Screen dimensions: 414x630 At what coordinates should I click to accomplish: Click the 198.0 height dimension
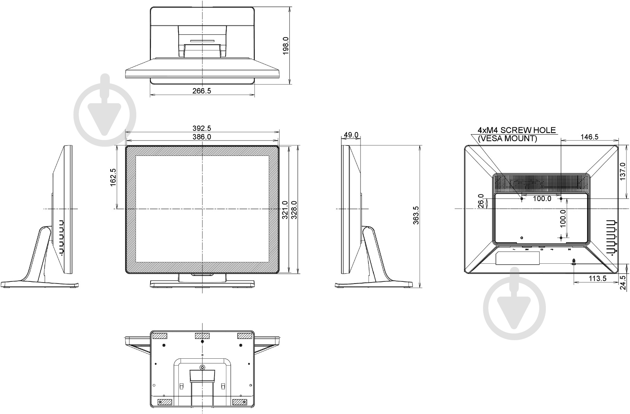pos(286,46)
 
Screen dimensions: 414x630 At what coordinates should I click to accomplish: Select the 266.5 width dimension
pos(202,91)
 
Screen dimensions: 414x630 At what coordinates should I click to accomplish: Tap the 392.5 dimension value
pos(202,129)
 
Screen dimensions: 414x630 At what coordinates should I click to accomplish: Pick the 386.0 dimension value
pos(202,137)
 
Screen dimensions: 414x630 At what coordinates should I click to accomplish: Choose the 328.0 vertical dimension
pos(294,210)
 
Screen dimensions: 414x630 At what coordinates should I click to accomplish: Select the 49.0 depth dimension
pos(351,135)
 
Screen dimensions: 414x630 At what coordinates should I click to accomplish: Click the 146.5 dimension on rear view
pos(589,137)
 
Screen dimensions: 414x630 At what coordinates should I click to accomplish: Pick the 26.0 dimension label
pos(481,201)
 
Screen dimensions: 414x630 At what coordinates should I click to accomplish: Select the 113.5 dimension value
pos(597,278)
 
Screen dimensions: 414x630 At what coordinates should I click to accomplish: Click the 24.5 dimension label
pos(623,282)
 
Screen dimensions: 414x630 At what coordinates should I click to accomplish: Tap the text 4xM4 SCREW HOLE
pos(517,130)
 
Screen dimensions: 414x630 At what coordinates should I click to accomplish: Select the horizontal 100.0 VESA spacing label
pos(542,199)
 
